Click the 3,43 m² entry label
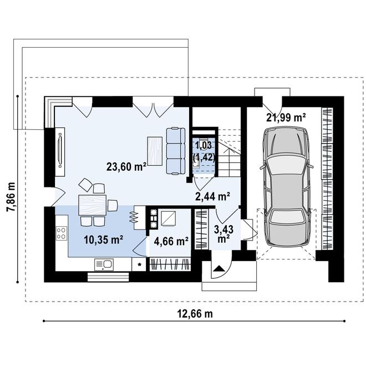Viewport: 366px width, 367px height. [224, 233]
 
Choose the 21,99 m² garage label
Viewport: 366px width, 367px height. [287, 117]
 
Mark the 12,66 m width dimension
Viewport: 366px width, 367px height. [195, 313]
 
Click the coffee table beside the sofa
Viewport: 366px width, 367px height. [155, 151]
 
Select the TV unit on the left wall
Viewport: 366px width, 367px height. [59, 147]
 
